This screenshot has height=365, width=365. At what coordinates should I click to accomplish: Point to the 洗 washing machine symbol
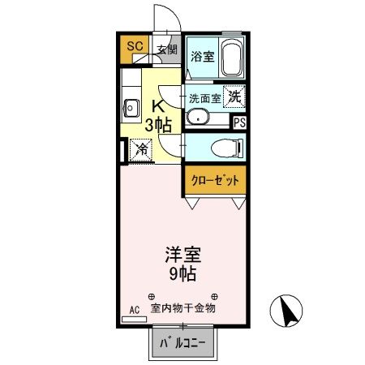tap(234, 97)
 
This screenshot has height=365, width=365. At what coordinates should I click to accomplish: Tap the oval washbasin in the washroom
tap(197, 118)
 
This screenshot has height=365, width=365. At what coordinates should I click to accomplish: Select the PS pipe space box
tap(239, 122)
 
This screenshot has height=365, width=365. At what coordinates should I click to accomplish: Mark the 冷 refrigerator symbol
tap(140, 149)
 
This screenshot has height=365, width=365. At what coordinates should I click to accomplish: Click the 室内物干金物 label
tap(182, 308)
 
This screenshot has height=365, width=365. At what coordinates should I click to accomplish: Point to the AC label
tap(134, 309)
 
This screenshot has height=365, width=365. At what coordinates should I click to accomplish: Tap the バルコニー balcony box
tap(183, 344)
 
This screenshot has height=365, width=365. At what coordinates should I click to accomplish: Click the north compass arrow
tap(285, 309)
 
